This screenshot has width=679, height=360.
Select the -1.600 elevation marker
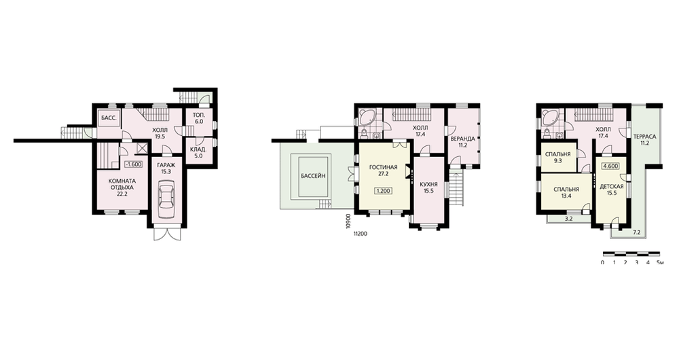[x=133, y=164]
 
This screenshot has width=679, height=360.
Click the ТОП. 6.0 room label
[x=199, y=119]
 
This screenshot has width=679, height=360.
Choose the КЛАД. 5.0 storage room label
[x=199, y=153]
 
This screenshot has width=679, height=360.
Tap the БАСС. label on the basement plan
[x=108, y=118]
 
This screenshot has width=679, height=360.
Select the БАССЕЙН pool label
[x=313, y=176]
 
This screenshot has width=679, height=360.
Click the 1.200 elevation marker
[x=383, y=191]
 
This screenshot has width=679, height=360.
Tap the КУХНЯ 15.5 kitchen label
[x=428, y=187]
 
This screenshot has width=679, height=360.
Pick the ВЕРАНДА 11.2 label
[x=463, y=142]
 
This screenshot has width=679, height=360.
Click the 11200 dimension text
[x=361, y=234]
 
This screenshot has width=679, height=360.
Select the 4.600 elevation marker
[x=610, y=166]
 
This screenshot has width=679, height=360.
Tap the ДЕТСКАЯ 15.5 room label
[x=612, y=190]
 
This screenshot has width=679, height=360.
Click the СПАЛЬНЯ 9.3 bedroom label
[x=557, y=158]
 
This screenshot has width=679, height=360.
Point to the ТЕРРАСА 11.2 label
[x=645, y=140]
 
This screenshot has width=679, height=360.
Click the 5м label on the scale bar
[x=660, y=262]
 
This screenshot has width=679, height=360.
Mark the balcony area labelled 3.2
[x=568, y=219]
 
